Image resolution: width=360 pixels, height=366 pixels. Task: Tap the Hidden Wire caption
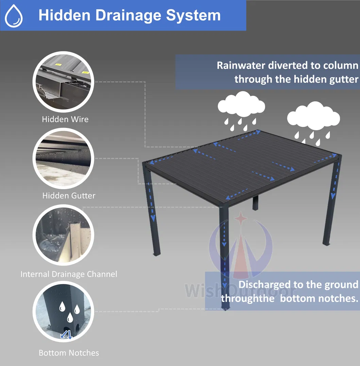[x=65, y=119]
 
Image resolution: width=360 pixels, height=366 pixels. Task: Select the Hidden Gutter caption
[x=69, y=196]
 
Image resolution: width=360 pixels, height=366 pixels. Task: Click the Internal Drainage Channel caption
[x=69, y=274]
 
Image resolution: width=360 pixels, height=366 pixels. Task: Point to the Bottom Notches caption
[x=69, y=353]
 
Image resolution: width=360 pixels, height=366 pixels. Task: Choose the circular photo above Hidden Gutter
[x=63, y=157]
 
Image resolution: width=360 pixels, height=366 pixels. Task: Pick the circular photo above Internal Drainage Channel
[x=63, y=234]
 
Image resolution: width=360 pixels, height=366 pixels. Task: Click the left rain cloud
[x=241, y=103]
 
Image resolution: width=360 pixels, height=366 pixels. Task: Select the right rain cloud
[x=313, y=117]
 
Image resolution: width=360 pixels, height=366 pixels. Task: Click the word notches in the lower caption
[x=335, y=298]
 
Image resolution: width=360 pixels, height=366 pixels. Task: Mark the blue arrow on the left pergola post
[x=152, y=204]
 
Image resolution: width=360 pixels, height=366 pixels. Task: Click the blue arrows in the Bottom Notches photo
[x=66, y=335]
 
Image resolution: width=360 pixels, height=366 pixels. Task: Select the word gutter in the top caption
[x=343, y=79]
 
